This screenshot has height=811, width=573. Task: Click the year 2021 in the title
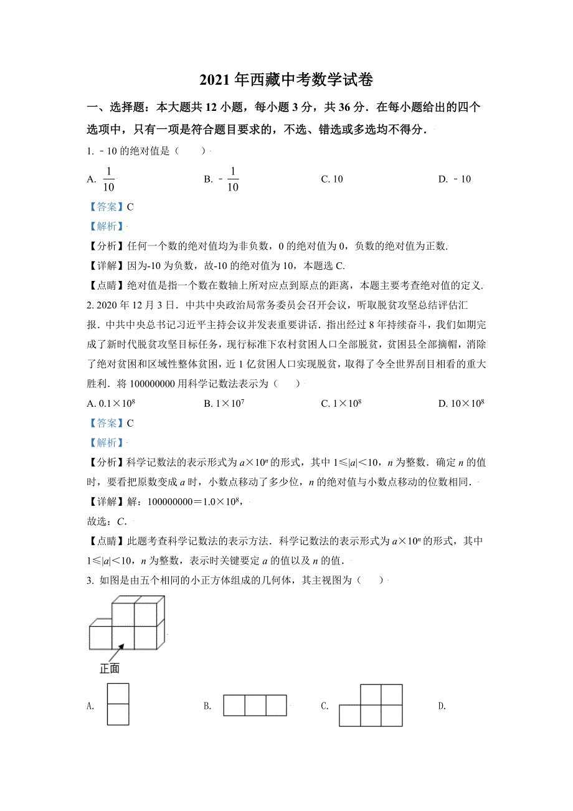tap(214, 80)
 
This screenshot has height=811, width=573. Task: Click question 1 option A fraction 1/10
tap(108, 179)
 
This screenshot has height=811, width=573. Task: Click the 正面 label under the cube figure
tap(110, 669)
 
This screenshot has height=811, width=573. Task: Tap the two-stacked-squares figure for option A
tap(118, 704)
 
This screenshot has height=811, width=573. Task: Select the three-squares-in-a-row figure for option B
tap(255, 705)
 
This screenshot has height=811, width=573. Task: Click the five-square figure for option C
tap(371, 705)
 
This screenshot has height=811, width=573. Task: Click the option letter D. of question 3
tap(442, 706)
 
